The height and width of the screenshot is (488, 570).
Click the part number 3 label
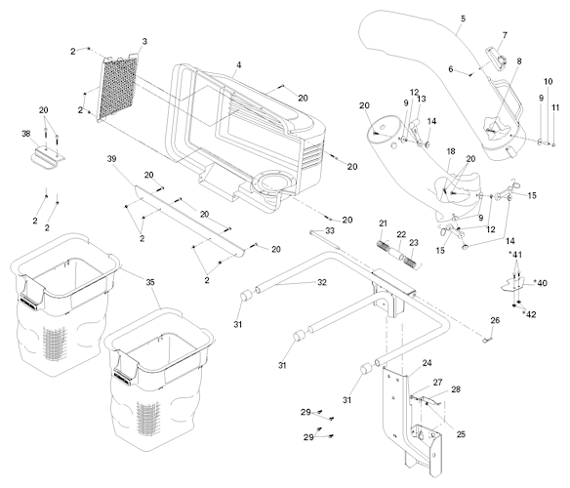point(144,41)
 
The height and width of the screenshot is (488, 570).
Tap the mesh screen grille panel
point(117,87)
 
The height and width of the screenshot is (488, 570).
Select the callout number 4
point(238,65)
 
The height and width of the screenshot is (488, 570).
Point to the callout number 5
point(463,19)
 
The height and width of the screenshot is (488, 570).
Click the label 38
point(25,134)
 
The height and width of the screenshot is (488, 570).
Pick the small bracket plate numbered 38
point(47,157)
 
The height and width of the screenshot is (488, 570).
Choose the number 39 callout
point(111,159)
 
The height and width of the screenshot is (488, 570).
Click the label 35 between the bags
point(150,282)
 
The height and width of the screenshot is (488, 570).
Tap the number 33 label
point(330,231)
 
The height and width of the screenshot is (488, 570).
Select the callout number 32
point(322,282)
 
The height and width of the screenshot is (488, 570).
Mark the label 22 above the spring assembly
point(401,234)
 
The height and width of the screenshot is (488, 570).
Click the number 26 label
point(495,320)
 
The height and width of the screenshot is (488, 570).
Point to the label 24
point(427,363)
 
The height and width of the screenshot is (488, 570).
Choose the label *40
point(540,282)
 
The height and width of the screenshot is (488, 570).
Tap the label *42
point(529,314)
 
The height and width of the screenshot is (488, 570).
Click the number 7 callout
point(505,36)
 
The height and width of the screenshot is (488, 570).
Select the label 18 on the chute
point(451,151)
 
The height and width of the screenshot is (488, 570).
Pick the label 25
point(461,434)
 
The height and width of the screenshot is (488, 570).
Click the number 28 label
point(456,389)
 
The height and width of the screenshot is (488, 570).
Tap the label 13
point(422,99)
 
